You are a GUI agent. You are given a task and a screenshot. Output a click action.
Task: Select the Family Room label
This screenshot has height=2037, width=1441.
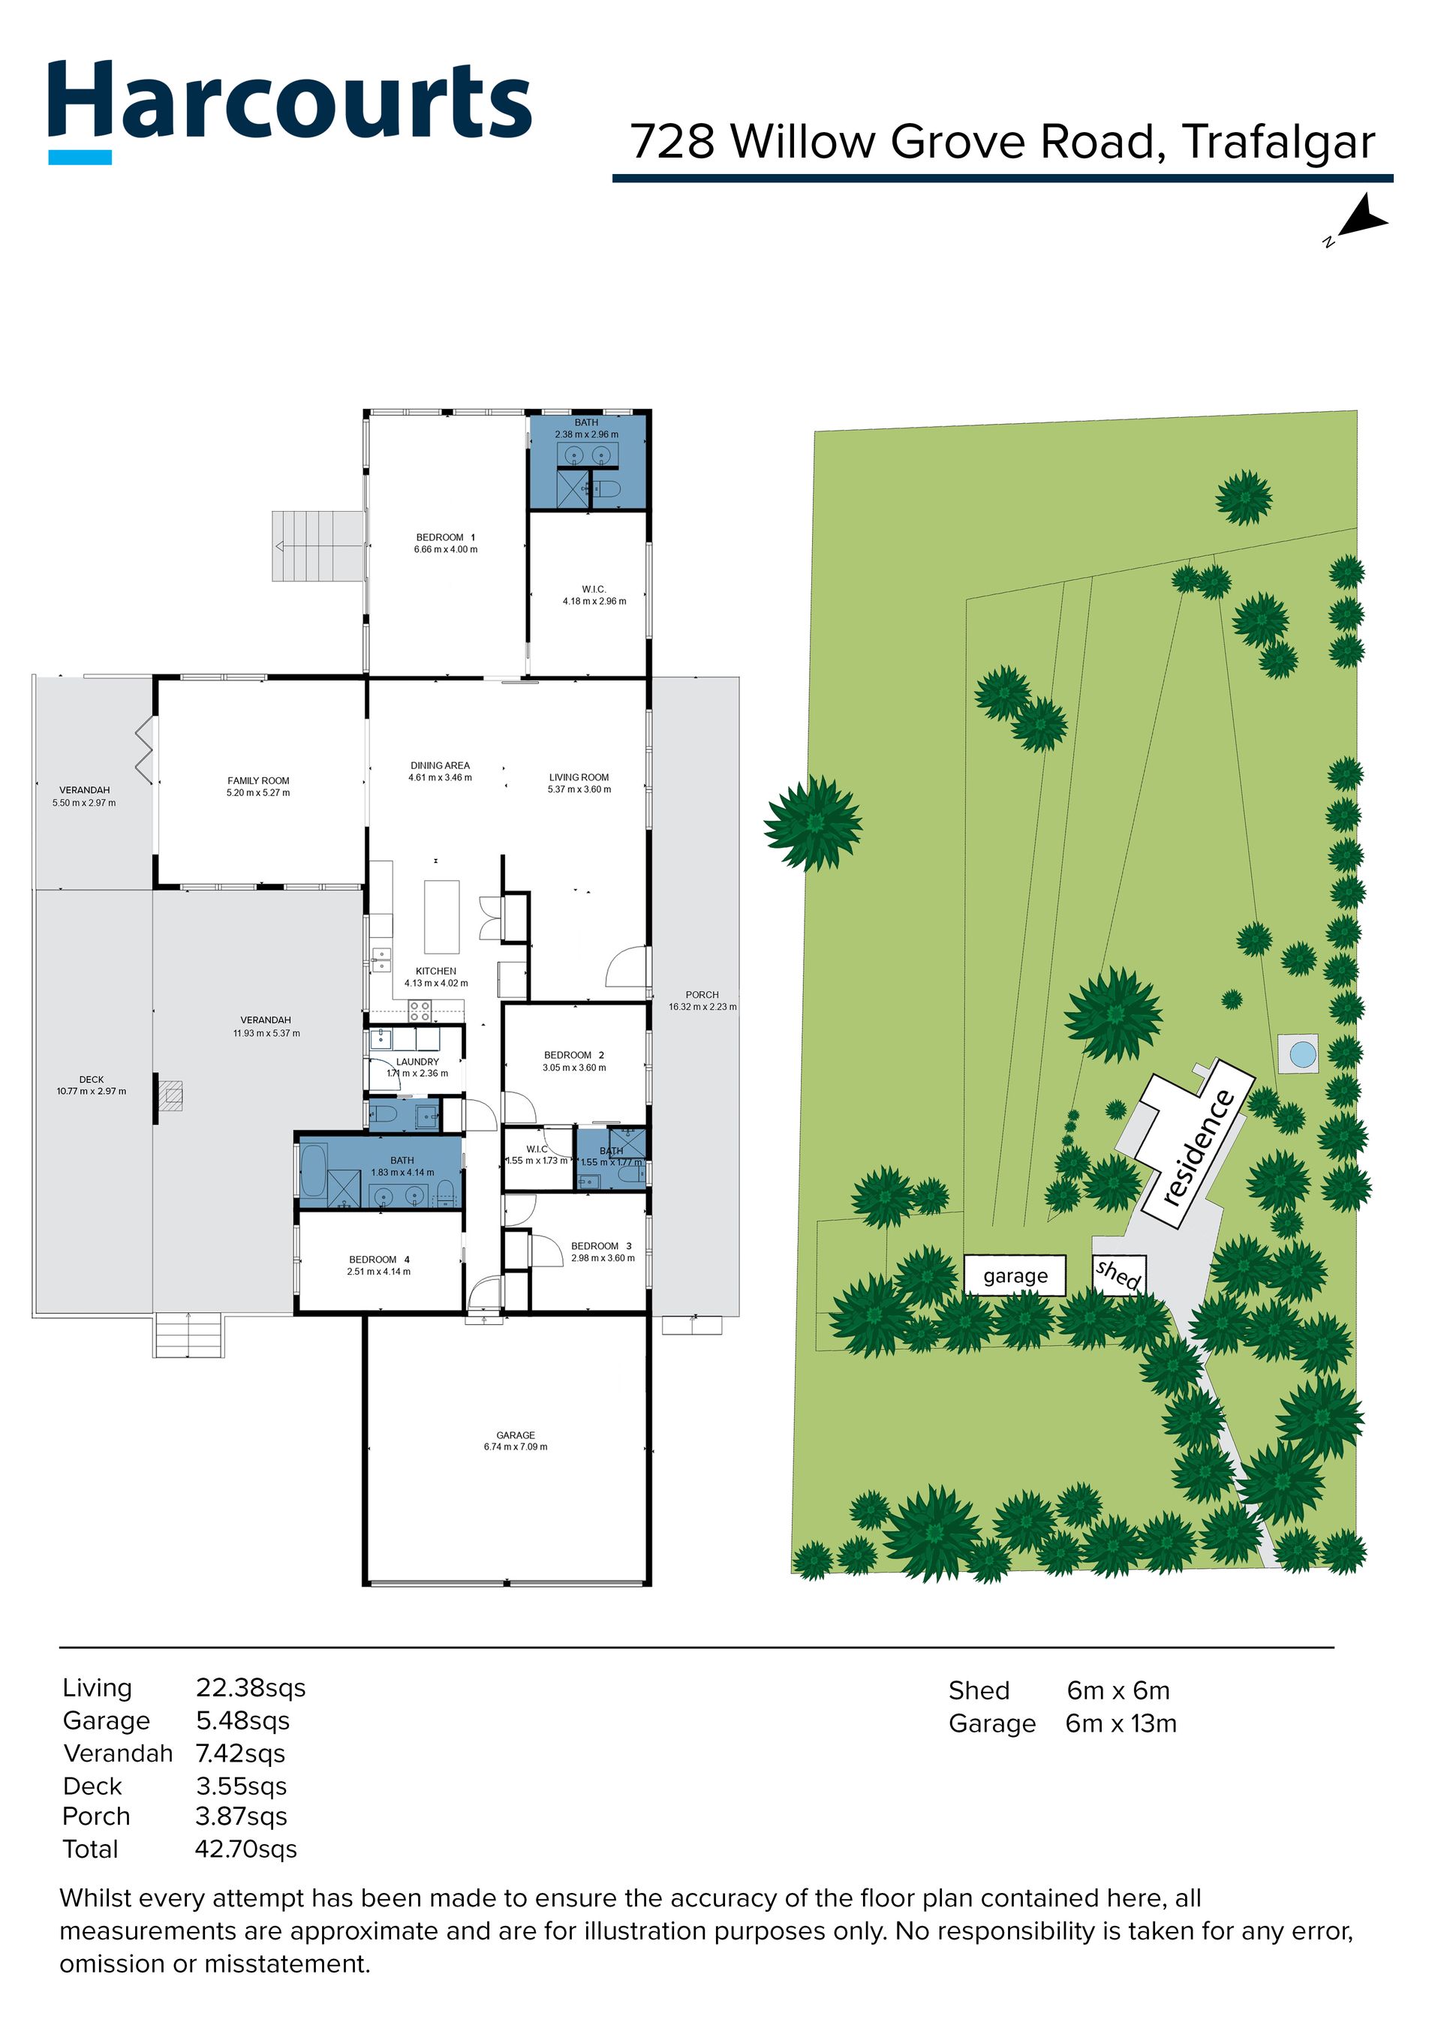(x=258, y=787)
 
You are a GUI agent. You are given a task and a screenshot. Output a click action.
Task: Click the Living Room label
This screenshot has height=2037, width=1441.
(x=579, y=783)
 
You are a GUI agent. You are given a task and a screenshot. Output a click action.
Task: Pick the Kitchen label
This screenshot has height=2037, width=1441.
(x=435, y=977)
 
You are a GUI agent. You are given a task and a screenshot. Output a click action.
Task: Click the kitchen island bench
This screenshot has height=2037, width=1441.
(x=442, y=917)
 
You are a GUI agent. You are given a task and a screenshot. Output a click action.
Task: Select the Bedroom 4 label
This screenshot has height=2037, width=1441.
(x=379, y=1265)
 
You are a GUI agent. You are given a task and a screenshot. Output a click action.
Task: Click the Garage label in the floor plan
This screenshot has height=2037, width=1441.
(x=516, y=1440)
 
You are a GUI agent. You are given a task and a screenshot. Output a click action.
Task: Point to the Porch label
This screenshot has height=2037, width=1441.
(x=702, y=1001)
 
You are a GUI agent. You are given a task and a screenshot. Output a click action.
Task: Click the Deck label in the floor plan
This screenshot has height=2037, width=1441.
(x=92, y=1085)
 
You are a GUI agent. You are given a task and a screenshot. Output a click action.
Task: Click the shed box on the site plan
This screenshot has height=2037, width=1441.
(x=1119, y=1275)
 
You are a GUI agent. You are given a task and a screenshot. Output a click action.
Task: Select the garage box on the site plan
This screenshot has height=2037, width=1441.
(x=1015, y=1275)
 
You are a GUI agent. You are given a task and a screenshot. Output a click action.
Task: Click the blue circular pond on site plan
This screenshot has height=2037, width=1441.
(x=1301, y=1054)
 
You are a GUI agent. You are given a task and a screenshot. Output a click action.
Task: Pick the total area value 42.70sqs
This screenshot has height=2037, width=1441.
(x=245, y=1849)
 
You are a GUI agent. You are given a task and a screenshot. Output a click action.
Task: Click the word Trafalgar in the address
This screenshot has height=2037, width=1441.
(x=1279, y=141)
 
